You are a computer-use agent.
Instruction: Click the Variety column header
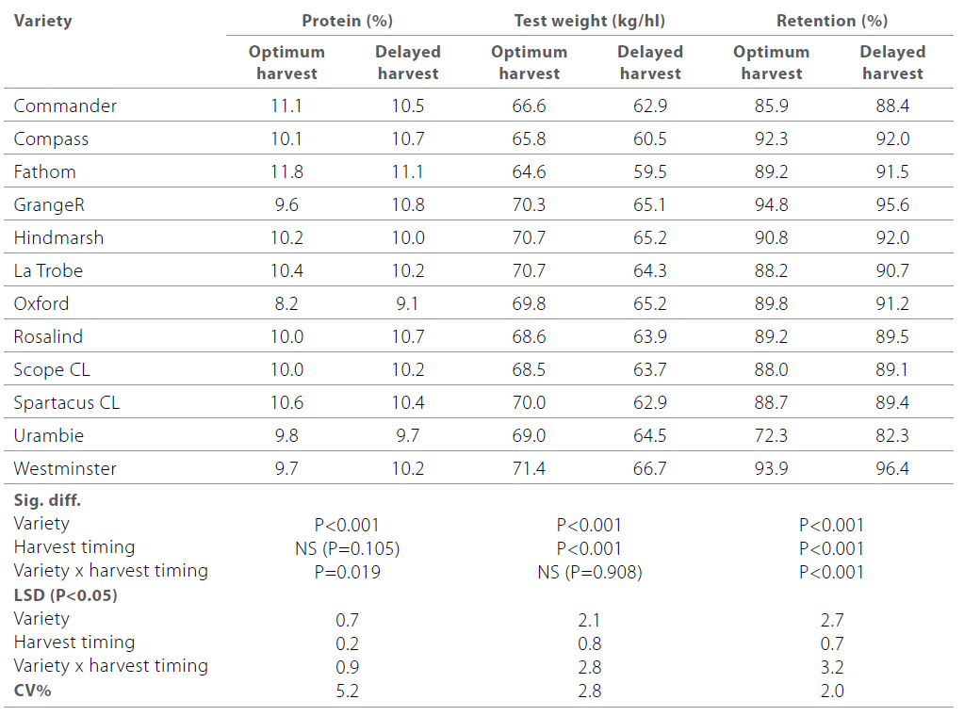tap(42, 21)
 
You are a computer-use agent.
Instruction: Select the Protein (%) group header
tap(347, 21)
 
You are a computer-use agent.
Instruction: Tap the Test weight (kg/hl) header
tap(589, 21)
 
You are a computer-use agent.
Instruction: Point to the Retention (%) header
tap(831, 21)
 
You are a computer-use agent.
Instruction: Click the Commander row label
tap(65, 106)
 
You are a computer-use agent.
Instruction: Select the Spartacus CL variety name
tap(66, 402)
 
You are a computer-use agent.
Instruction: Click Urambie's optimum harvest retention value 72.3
tap(771, 435)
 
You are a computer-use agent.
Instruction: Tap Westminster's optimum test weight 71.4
tap(529, 468)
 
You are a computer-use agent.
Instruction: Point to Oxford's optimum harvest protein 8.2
tap(286, 303)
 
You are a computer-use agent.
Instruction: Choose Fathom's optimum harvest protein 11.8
tap(286, 171)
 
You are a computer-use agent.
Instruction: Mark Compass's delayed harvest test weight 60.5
tap(650, 138)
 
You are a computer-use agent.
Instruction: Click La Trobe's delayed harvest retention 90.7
tap(892, 270)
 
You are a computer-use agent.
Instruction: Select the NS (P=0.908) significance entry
tap(589, 572)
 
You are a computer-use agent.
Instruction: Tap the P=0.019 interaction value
tap(347, 572)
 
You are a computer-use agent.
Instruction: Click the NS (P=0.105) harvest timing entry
tap(347, 548)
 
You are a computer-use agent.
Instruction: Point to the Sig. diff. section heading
tap(47, 500)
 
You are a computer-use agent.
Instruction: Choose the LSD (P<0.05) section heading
tap(65, 595)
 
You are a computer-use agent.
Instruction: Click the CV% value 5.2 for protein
tap(347, 691)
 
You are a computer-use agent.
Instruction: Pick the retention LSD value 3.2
tap(831, 667)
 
